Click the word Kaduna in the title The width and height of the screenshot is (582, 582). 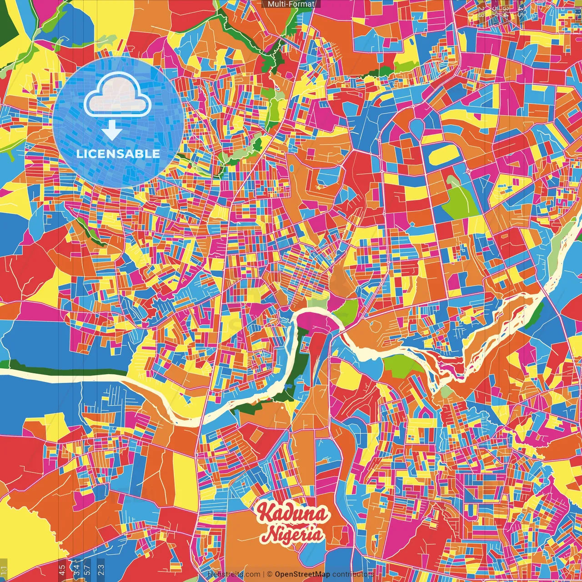click(291, 514)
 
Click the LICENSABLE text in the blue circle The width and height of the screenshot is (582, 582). click(118, 154)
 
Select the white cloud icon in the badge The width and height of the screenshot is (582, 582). click(117, 94)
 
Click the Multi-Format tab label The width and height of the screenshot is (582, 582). click(291, 4)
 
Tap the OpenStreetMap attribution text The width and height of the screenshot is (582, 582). click(302, 574)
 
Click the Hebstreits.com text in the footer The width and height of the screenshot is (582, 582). click(234, 574)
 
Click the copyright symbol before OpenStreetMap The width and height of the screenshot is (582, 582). click(270, 574)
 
